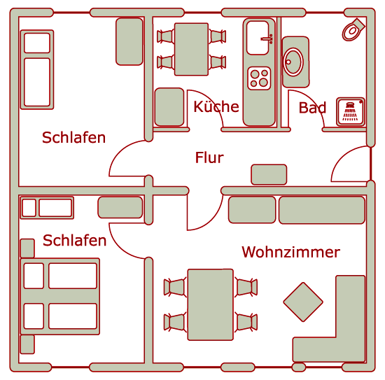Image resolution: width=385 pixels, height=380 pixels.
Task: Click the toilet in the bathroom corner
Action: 353,29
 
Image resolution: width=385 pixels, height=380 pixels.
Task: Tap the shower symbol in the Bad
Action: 350,111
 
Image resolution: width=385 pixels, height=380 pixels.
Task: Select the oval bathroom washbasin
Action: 293,62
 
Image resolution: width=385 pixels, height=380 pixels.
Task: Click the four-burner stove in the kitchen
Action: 259,78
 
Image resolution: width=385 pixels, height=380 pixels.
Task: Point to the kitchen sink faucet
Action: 267,38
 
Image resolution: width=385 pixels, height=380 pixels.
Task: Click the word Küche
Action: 216,107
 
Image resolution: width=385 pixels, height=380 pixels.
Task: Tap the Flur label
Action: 209,157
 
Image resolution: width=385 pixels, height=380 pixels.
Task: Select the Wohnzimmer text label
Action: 291,252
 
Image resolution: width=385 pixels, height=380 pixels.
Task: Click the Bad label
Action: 312,108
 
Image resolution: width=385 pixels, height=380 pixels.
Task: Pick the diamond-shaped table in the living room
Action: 303,302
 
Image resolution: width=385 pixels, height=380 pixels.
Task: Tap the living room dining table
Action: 210,304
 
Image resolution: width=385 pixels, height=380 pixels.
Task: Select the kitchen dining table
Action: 191,49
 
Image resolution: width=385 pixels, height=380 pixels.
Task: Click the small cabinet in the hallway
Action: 269,174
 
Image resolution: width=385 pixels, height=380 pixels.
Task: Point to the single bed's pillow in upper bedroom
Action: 37,43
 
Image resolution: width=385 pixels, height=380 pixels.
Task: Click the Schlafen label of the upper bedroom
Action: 73,137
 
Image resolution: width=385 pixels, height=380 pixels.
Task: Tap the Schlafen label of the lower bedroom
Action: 74,240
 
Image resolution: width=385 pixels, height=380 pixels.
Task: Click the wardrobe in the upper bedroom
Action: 129,41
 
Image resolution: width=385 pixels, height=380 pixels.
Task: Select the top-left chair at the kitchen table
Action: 165,36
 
